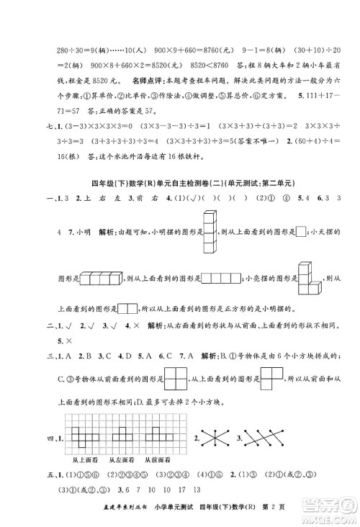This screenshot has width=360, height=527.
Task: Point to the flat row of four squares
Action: [x=222, y=279]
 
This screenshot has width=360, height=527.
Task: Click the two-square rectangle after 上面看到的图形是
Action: [x=127, y=308]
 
